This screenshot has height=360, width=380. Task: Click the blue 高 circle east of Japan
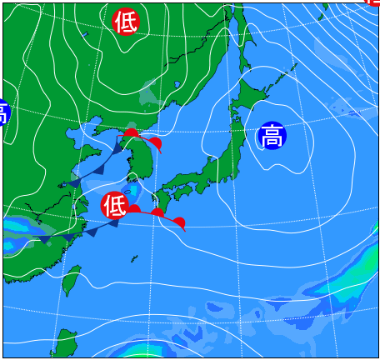pyautogui.click(x=272, y=135)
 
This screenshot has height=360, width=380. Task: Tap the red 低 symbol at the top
pyautogui.click(x=126, y=22)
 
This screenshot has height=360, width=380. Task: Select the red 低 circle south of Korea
pyautogui.click(x=115, y=204)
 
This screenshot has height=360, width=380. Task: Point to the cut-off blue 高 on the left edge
pyautogui.click(x=2, y=112)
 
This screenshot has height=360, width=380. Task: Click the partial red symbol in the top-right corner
pyautogui.click(x=372, y=2)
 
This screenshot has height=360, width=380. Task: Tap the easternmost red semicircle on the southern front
pyautogui.click(x=178, y=222)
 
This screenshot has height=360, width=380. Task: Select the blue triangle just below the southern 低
pyautogui.click(x=112, y=222)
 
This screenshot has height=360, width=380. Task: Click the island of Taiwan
pyautogui.click(x=72, y=279)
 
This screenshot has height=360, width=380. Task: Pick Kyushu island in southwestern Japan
pyautogui.click(x=160, y=201)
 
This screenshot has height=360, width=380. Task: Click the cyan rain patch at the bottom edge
pyautogui.click(x=137, y=350)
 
